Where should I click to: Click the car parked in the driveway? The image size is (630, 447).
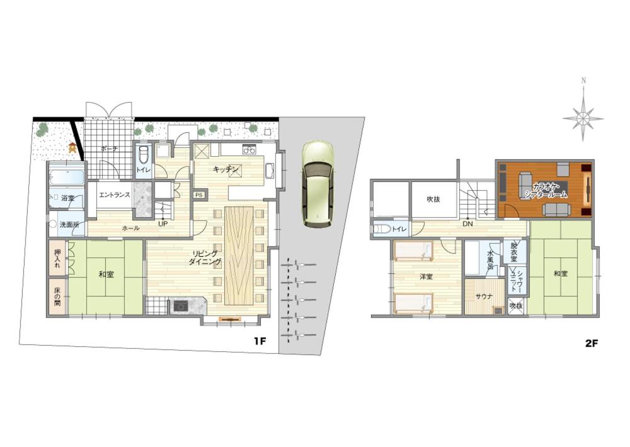point(318,184)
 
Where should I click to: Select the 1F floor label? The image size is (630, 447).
point(260,341)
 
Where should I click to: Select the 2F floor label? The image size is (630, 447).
point(592,343)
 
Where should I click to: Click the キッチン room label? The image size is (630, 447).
point(226,169)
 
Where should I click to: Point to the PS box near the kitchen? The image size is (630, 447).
point(199,195)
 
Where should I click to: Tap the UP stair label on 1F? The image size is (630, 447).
point(163,224)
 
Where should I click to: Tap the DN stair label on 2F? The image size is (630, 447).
point(467,224)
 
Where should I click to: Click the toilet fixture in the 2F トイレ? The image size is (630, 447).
point(381,229)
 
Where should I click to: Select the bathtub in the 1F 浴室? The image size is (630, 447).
point(67,176)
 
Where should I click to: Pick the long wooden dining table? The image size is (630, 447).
point(239,256)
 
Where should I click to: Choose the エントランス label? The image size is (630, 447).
point(115,195)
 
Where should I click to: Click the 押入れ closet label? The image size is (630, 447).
point(57,259)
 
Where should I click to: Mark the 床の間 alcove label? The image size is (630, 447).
point(57,297)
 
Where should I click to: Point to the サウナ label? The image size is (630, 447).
point(484,297)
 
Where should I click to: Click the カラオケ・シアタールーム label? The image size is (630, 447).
point(546,191)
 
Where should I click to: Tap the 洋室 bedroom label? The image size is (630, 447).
point(426,276)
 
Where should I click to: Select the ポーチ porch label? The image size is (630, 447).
point(109,149)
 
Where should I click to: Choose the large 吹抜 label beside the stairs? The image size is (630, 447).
point(433,199)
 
